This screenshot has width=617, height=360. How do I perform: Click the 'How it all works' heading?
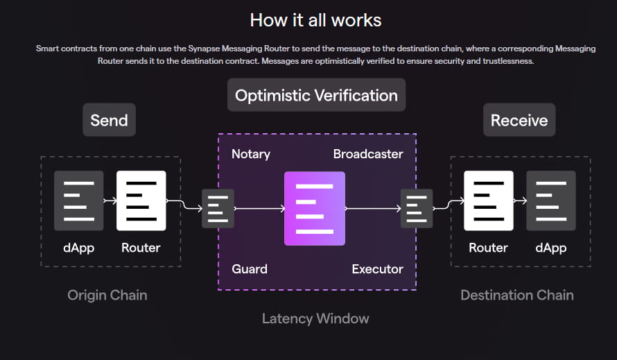[315, 19]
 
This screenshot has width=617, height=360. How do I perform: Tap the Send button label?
[109, 120]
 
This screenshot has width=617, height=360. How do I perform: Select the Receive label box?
[519, 120]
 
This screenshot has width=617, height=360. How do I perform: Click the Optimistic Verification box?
[316, 95]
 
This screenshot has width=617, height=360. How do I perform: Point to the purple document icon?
[315, 209]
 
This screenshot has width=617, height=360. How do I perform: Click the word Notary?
[251, 154]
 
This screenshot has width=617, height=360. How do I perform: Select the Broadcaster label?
[368, 154]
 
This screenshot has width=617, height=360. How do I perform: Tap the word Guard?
[250, 268]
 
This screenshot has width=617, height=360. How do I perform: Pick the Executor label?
[377, 268]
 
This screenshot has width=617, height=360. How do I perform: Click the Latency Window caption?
[315, 318]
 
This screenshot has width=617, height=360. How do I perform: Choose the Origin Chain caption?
[107, 295]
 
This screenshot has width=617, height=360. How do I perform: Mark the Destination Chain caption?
[517, 295]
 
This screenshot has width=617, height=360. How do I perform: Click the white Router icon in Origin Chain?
[141, 201]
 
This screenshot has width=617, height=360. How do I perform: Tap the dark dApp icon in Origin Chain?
[78, 201]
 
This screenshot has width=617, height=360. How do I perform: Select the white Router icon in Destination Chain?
[489, 201]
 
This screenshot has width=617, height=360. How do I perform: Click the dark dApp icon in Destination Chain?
[550, 201]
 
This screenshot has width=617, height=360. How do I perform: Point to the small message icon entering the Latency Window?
[218, 208]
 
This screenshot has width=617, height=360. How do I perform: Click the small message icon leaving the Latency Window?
[416, 208]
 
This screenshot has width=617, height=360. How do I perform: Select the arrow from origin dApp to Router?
[110, 201]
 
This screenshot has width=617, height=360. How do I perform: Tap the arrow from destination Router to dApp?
[520, 201]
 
